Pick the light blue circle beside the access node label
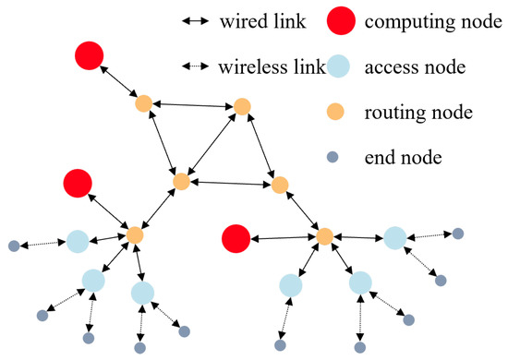(341, 67)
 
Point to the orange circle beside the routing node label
(341, 113)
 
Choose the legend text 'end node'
(403, 158)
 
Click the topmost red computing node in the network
(90, 55)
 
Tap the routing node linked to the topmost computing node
(143, 103)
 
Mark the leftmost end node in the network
(14, 246)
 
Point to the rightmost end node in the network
(457, 234)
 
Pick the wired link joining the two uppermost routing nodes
(192, 105)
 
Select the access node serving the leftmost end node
(77, 242)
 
